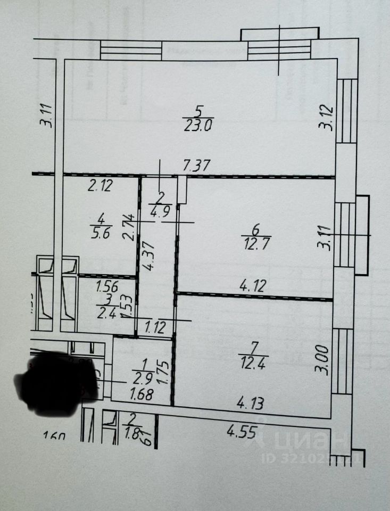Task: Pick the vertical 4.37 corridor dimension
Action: click(x=151, y=257)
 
